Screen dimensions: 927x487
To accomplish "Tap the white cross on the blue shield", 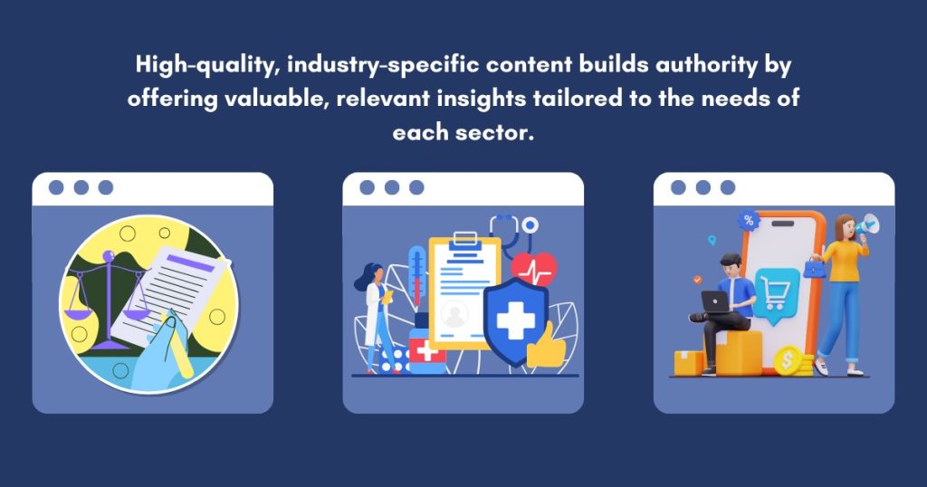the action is coord(515,321).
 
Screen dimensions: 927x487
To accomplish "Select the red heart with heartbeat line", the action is coord(534,268).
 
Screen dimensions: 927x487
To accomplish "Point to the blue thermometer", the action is coord(416,275).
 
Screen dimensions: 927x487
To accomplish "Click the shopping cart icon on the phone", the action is coord(776,293).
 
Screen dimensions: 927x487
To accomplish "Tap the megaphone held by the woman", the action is coord(868,224).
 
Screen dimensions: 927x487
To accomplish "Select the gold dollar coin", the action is coord(788,361).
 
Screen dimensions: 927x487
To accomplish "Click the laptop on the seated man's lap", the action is coord(715,302).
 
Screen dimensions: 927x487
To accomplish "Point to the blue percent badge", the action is coord(749,221).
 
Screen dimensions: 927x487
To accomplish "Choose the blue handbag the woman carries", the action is coord(815,268).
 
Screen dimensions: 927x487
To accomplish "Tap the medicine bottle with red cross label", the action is coord(426,350).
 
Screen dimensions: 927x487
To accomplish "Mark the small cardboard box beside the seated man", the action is coord(689,363).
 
